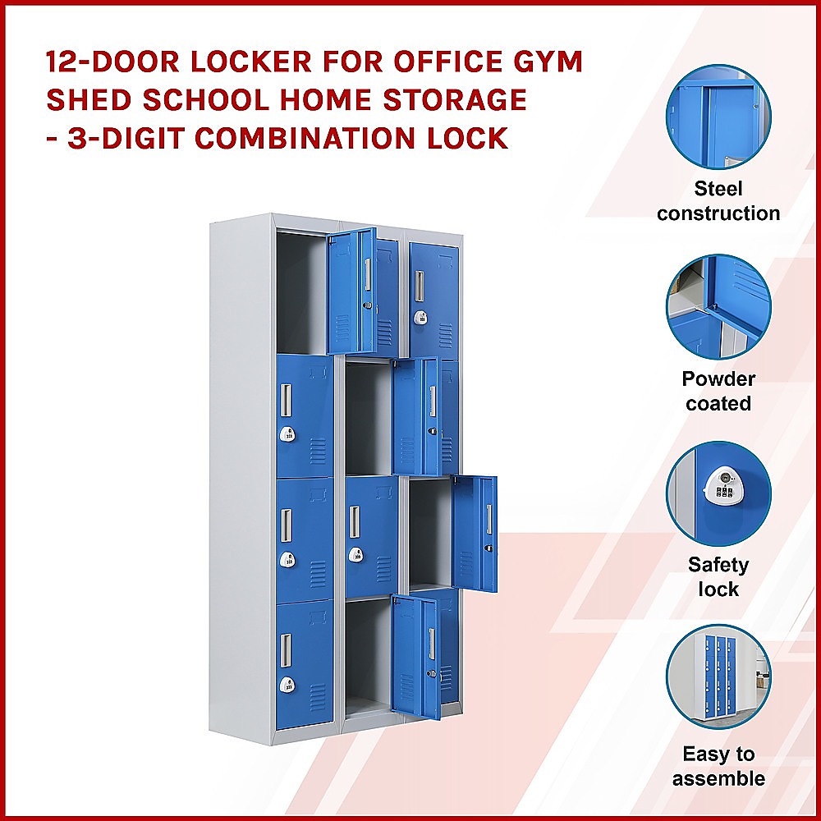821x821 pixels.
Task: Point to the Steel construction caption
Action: [x=718, y=201]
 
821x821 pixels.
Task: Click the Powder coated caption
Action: [x=718, y=391]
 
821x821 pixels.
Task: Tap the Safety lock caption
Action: [x=718, y=576]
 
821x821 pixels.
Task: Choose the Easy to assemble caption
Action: [x=718, y=766]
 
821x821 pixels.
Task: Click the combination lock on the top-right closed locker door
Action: [x=420, y=318]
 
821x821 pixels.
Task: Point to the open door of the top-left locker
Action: [x=351, y=291]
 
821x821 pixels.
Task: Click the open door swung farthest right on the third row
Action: [x=475, y=534]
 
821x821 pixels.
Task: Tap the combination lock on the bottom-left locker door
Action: [x=287, y=684]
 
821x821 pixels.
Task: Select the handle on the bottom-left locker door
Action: [x=286, y=649]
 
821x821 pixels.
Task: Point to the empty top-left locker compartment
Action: [x=300, y=291]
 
